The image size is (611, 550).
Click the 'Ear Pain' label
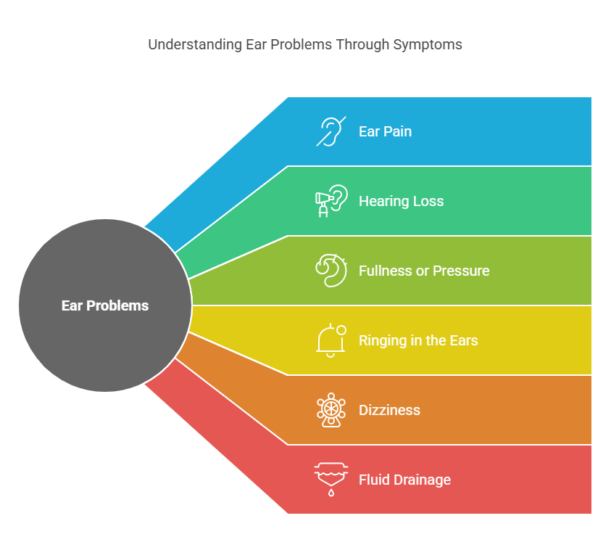coord(385,131)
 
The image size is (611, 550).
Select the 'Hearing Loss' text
coord(401,201)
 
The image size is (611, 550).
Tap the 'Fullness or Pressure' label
coord(424,271)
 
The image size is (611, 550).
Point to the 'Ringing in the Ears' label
coord(418,340)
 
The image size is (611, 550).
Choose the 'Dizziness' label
coord(389,411)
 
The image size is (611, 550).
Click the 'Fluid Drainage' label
coord(404,480)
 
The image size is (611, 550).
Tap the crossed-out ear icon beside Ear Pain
coord(331,131)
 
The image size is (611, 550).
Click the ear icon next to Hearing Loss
coord(331,201)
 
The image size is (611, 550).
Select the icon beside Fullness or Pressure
coord(331,271)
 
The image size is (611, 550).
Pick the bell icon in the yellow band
coord(331,340)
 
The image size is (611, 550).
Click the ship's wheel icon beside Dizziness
coord(331,410)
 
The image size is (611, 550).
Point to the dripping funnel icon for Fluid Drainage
coord(331,480)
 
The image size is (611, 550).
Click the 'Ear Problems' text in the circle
coord(105,305)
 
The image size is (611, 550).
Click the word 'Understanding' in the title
coord(195,45)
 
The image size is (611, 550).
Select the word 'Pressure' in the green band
coord(461,271)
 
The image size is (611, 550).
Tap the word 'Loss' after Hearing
coord(428,201)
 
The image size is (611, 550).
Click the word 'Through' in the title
coord(362,45)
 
